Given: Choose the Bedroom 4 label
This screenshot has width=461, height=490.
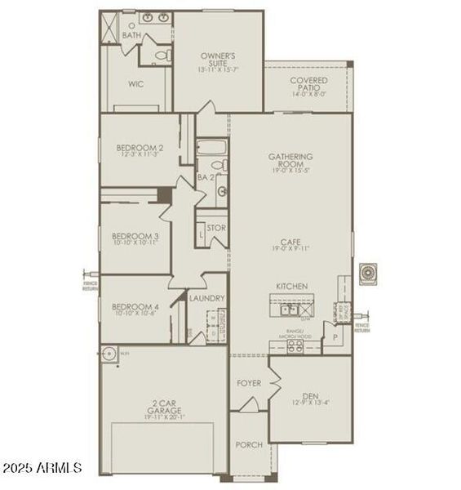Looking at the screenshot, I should (x=135, y=310).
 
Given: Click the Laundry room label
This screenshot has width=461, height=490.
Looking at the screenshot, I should (x=206, y=298).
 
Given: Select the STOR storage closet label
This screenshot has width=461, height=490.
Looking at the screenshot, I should (x=216, y=228).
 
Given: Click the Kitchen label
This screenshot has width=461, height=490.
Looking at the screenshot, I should (x=291, y=286).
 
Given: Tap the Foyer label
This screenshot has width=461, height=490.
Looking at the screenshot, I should (x=248, y=383).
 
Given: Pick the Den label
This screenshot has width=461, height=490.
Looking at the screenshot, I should (x=311, y=394).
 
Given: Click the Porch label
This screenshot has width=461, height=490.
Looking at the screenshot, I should (x=248, y=445).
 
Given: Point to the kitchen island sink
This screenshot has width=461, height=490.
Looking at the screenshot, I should (x=287, y=310).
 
